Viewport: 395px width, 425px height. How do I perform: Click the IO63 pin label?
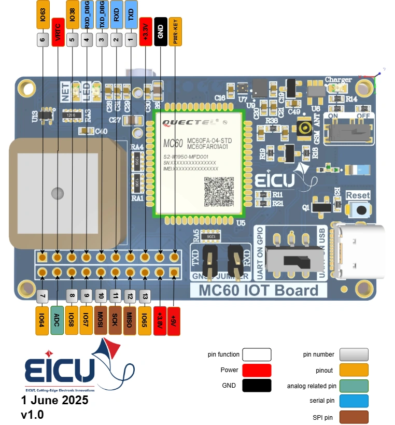click(x=43, y=15)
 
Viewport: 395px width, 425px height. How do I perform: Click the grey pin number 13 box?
click(x=146, y=296)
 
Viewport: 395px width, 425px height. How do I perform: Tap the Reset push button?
click(x=358, y=210)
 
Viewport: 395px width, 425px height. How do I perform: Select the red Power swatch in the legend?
click(x=253, y=370)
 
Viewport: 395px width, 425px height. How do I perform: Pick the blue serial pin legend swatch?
click(x=350, y=401)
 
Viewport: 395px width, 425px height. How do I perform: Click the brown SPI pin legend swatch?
click(x=350, y=417)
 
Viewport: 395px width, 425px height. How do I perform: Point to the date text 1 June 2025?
click(x=55, y=400)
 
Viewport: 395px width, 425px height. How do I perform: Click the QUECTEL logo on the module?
click(x=188, y=123)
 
